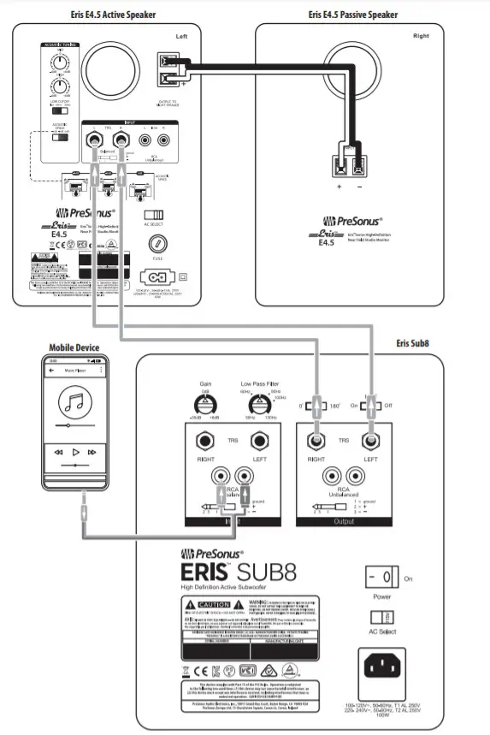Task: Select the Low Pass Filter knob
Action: (254, 406)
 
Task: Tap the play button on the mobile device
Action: (75, 451)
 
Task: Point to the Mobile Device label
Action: (75, 347)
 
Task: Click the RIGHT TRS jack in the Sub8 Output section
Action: (316, 441)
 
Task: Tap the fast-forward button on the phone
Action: (92, 451)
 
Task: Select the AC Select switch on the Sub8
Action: (377, 617)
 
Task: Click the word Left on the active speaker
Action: (180, 37)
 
